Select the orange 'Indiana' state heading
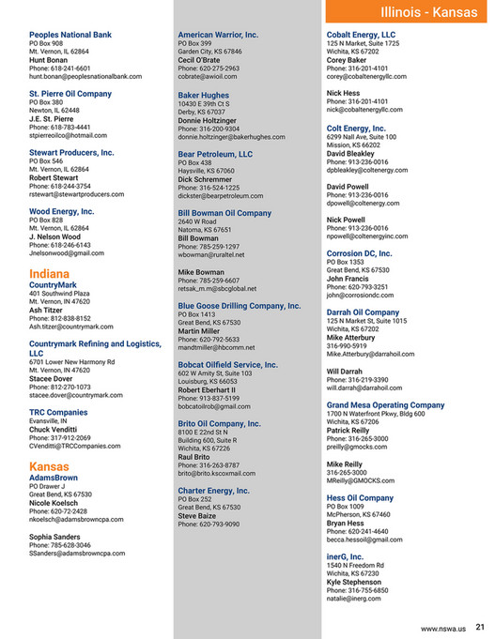coord(50,273)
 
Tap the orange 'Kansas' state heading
coord(50,466)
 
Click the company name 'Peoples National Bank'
coord(70,35)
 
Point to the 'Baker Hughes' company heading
coord(203,96)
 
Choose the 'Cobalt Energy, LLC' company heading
coord(364,35)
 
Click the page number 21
coord(480,627)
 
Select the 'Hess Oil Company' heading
coord(360,498)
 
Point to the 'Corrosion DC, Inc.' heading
coord(360,253)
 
